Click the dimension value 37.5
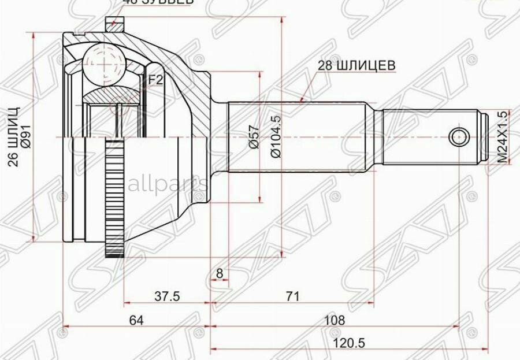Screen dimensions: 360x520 pos(168,296)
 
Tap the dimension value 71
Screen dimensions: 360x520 pos(293,296)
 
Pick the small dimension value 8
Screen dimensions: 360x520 pos(219,272)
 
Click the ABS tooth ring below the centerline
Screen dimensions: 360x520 pos(114,196)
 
